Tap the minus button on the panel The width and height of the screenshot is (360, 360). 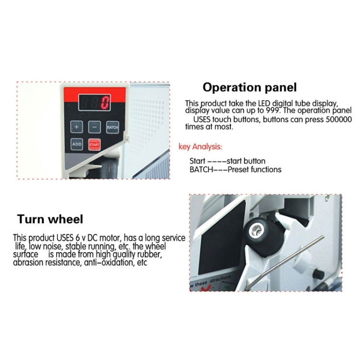click(95, 127)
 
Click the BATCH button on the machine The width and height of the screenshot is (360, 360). click(112, 127)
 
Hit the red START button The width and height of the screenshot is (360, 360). click(95, 144)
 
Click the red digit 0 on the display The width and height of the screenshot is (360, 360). click(105, 102)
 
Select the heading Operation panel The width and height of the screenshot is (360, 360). click(250, 87)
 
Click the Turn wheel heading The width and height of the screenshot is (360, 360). click(50, 219)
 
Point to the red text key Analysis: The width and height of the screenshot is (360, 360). click(201, 146)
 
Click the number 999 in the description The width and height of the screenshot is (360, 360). click(273, 110)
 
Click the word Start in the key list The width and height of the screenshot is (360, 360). click(197, 161)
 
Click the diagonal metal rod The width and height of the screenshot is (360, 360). click(285, 262)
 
